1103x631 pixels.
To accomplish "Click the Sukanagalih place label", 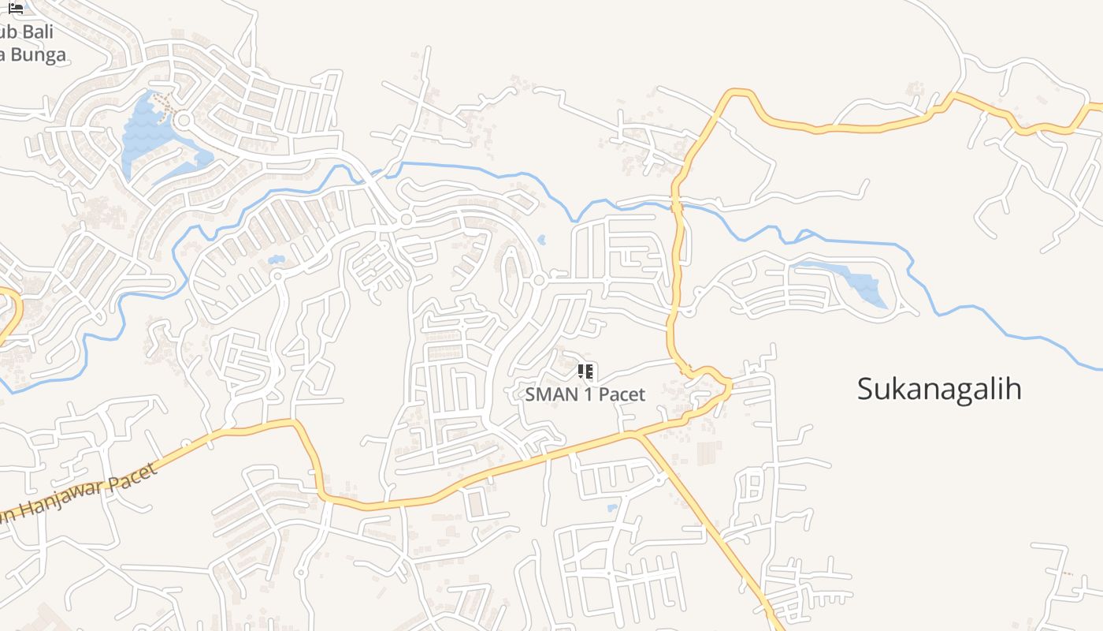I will pos(939,389).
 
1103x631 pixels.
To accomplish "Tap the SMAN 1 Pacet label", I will pos(585,394).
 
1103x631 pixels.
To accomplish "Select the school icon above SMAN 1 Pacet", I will pos(585,372).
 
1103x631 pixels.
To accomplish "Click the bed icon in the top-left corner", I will pos(16,8).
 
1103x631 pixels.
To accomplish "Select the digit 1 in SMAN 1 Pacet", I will pos(587,394).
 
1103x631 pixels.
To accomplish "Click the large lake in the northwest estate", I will pos(146,134).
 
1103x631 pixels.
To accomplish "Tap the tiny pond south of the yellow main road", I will pos(612,508).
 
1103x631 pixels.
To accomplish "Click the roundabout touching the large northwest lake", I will pos(184,121).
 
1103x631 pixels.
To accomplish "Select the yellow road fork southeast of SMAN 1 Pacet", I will pos(640,434).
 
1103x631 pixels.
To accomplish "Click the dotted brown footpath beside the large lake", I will pos(163,103).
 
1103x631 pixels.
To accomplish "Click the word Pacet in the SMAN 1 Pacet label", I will pos(622,394).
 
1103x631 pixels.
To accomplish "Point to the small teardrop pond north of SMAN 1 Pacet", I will pos(541,238).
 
